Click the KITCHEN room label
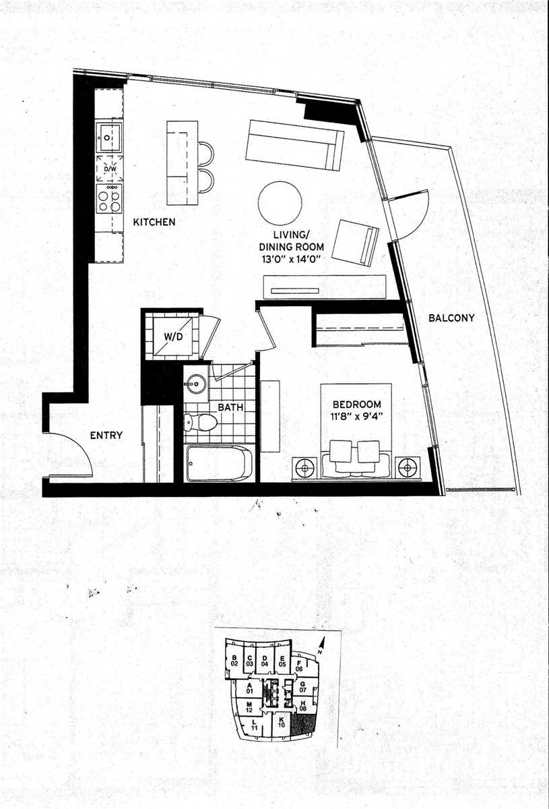point(154,222)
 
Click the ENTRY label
point(106,436)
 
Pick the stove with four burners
point(108,199)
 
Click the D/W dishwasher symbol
point(108,167)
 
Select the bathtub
point(220,463)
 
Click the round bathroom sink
point(196,384)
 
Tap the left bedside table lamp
point(304,466)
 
